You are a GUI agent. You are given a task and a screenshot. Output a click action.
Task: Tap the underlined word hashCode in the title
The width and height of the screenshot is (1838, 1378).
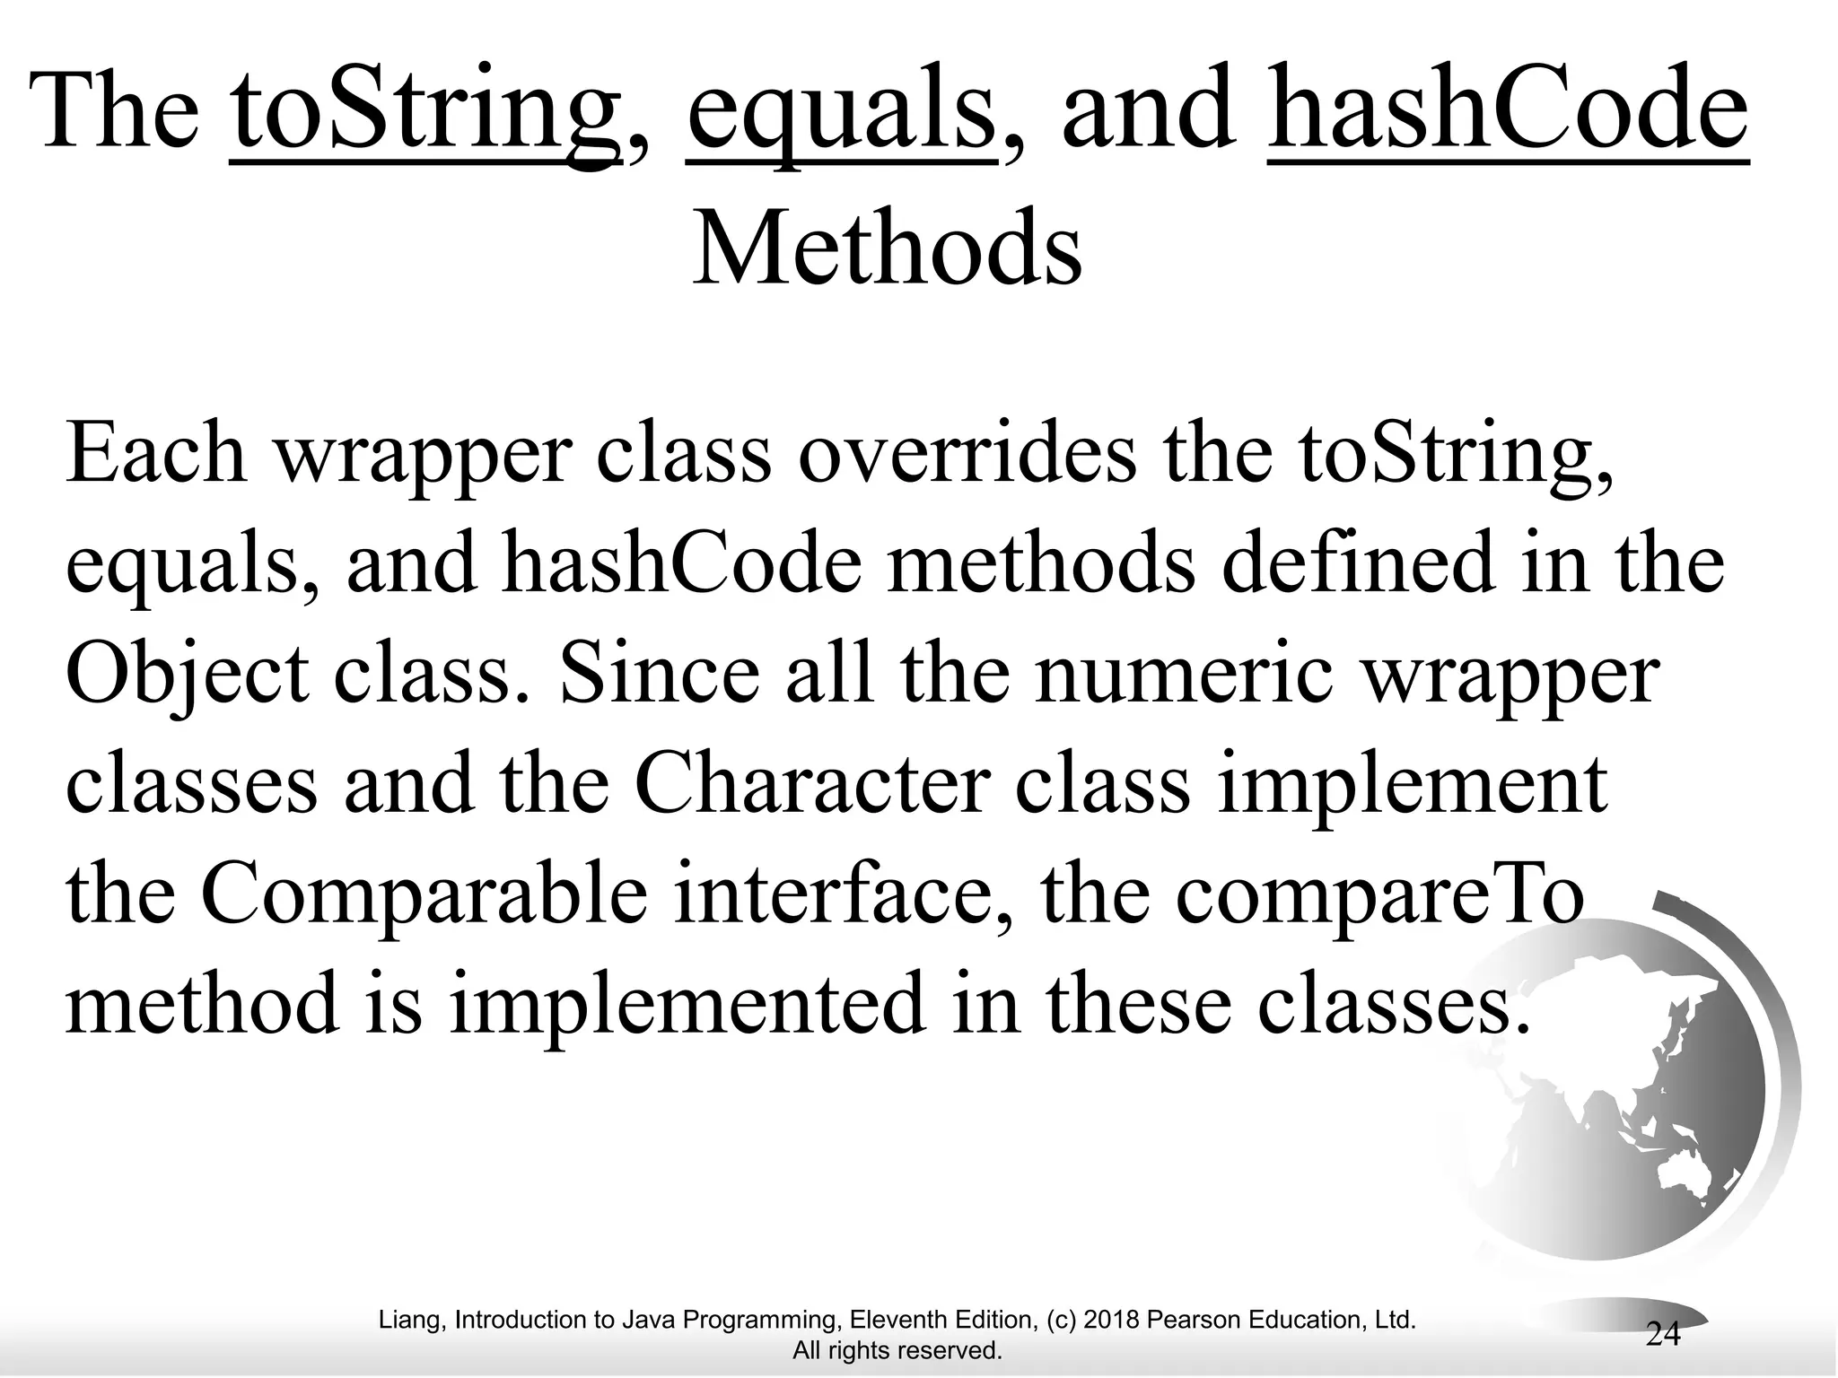coord(1508,114)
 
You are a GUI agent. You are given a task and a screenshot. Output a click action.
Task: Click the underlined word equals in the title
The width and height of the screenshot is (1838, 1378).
coord(841,114)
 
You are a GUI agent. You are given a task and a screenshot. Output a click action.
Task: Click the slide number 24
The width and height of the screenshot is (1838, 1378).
coord(1662,1334)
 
